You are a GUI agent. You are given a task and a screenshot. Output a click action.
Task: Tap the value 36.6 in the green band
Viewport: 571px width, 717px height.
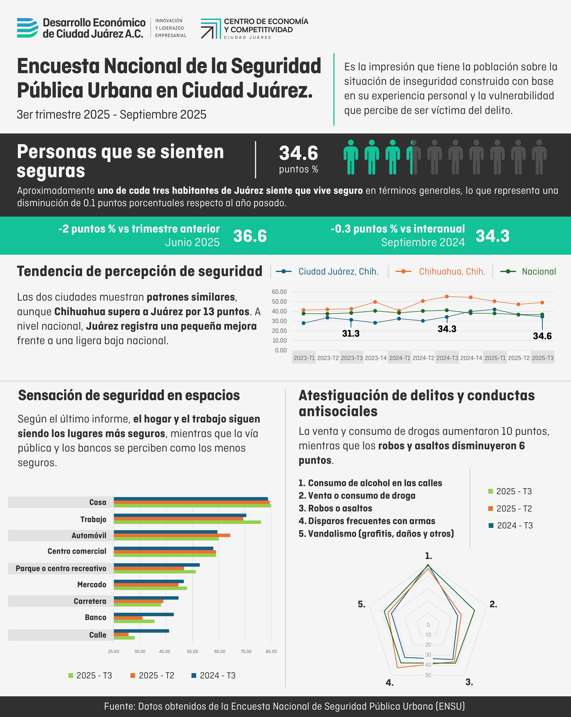[x=250, y=236]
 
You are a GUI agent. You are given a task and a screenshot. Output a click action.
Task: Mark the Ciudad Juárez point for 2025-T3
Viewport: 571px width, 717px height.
[x=542, y=317]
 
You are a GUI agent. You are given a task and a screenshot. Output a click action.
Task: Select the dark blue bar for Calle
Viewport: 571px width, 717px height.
[x=141, y=631]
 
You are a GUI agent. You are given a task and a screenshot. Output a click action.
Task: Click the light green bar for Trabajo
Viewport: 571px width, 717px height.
[x=187, y=522]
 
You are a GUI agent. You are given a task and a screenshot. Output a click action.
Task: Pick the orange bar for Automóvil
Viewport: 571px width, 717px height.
[x=172, y=535]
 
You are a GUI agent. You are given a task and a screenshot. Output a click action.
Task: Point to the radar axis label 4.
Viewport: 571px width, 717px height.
[x=390, y=683]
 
